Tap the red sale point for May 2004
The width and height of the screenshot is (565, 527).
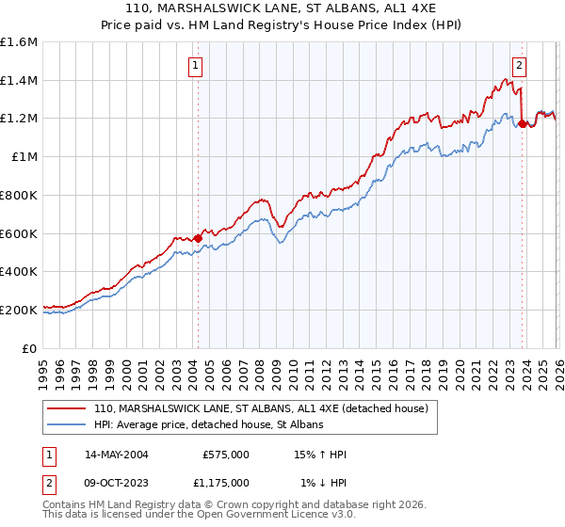198,238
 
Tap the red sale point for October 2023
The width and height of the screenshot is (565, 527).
522,122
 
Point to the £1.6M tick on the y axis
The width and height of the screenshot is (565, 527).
19,42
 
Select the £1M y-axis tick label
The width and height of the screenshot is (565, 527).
24,157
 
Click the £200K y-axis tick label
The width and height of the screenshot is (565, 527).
19,310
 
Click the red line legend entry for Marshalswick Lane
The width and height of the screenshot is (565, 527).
261,408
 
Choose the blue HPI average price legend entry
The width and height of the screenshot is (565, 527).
208,425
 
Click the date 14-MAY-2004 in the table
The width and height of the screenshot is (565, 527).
114,455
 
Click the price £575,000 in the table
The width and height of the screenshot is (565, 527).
225,455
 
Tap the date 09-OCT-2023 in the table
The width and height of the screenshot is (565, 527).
114,483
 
